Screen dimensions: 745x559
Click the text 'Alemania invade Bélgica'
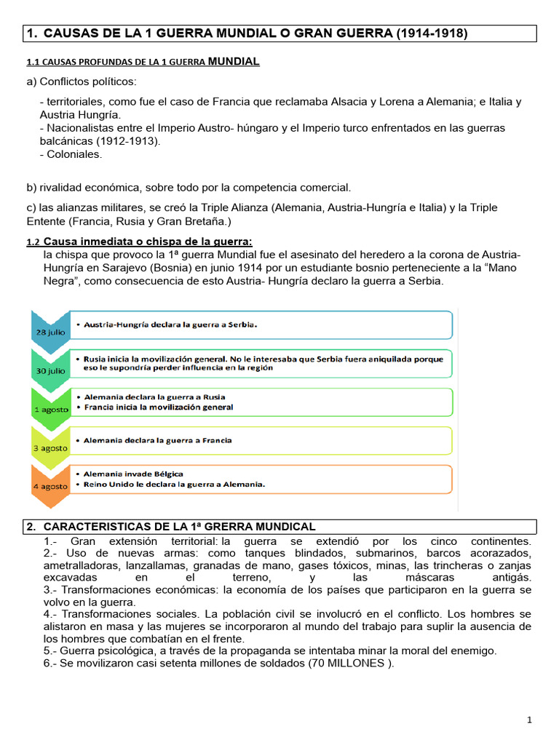(x=133, y=474)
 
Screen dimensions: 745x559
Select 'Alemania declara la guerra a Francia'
(x=158, y=440)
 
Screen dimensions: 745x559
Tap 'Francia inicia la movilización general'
(x=159, y=407)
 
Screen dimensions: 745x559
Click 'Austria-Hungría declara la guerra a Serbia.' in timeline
(x=171, y=324)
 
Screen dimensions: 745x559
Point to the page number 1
(x=530, y=720)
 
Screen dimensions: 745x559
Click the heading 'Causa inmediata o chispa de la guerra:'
(x=148, y=242)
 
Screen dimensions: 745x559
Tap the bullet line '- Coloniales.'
(x=71, y=154)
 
